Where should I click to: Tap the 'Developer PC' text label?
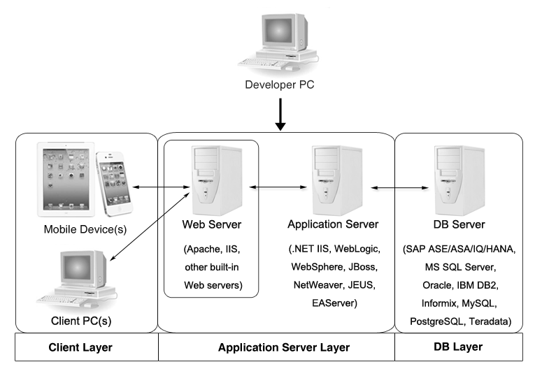(280, 87)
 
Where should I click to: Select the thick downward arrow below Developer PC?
(280, 116)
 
